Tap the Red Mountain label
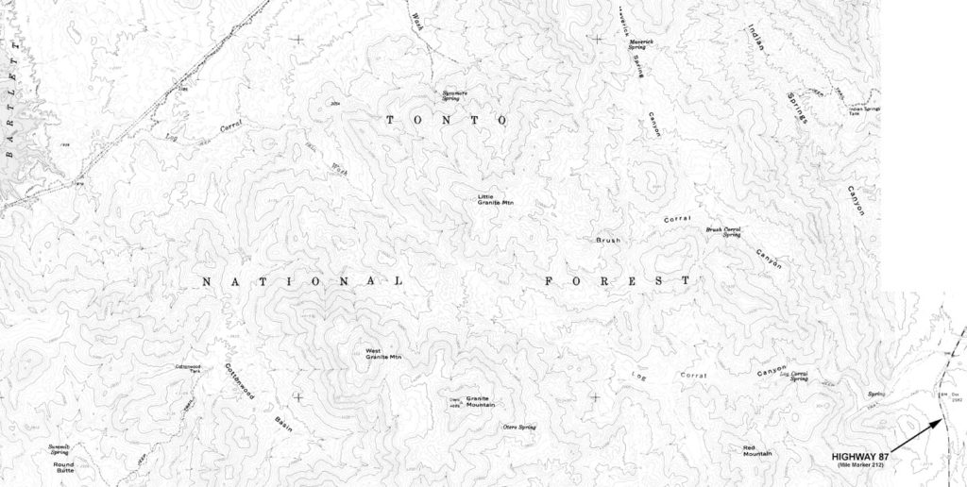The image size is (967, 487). pyautogui.click(x=757, y=450)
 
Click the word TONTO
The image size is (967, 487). pyautogui.click(x=448, y=121)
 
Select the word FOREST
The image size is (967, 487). pyautogui.click(x=618, y=280)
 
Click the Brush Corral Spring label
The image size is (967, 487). pyautogui.click(x=724, y=231)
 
